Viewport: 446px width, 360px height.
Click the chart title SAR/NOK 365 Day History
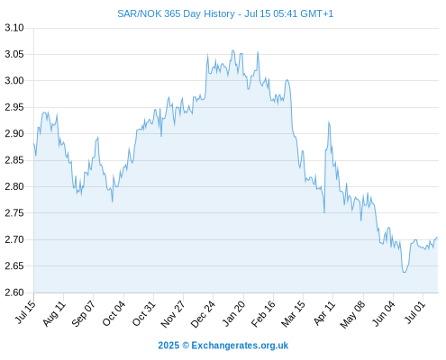tap(176, 13)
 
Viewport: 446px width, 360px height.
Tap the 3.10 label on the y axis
tap(14, 28)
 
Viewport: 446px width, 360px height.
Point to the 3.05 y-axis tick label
tap(14, 54)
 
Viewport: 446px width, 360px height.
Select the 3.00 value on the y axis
tap(14, 81)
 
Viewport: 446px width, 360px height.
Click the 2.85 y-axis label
tap(14, 160)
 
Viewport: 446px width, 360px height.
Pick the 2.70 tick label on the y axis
tap(14, 239)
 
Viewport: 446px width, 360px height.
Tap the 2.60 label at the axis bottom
tap(14, 292)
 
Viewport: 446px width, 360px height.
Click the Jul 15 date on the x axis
tap(25, 312)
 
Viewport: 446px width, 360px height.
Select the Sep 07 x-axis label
tap(84, 313)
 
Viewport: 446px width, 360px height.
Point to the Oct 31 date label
tap(144, 313)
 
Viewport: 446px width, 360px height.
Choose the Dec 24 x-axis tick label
tap(203, 314)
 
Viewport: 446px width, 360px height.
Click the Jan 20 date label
tap(233, 313)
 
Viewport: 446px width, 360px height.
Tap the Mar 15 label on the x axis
tap(293, 313)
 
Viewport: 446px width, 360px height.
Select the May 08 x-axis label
tap(353, 314)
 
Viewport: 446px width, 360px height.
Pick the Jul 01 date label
tap(415, 312)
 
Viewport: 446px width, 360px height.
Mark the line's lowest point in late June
tap(405, 272)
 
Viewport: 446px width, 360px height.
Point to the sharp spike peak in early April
tap(329, 121)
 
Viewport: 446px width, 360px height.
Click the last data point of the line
tap(437, 238)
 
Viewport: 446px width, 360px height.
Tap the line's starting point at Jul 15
tap(34, 144)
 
